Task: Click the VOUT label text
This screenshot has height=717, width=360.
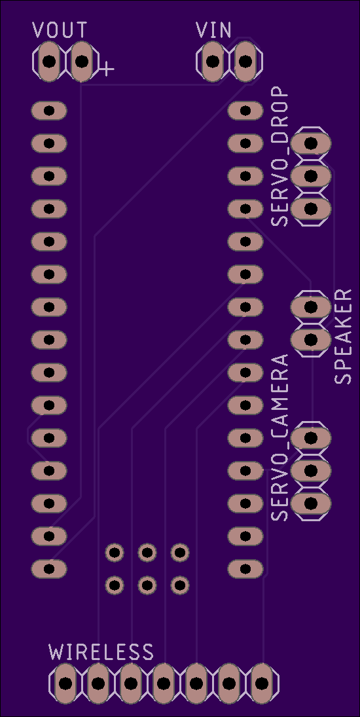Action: (x=60, y=30)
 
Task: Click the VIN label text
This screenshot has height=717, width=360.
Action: (x=213, y=30)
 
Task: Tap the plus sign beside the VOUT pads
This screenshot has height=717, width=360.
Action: (x=106, y=69)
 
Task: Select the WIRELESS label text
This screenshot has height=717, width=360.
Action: (x=101, y=652)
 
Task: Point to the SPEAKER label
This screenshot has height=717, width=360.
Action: (x=343, y=337)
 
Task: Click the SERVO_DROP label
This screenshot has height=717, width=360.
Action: (x=280, y=157)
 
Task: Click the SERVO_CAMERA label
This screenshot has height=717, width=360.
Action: (x=280, y=437)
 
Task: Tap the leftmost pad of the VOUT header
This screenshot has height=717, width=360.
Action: (x=48, y=62)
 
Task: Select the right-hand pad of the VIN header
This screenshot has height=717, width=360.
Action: (x=245, y=62)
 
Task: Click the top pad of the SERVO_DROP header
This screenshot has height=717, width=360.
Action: (x=311, y=143)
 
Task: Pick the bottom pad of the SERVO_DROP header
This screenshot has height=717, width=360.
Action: (x=311, y=209)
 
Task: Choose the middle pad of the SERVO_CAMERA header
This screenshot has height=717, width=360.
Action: (x=311, y=471)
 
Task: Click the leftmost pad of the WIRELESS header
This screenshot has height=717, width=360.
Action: (x=65, y=684)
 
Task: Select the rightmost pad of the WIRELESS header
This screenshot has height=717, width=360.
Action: (x=262, y=684)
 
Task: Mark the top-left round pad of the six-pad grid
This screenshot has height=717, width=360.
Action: (x=114, y=553)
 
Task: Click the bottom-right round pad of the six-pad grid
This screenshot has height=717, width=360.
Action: (x=180, y=585)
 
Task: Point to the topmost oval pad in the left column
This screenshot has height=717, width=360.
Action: (x=49, y=111)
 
